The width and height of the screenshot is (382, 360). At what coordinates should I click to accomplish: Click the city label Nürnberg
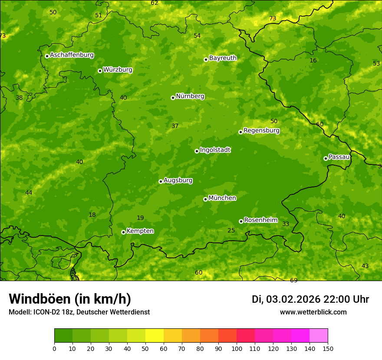point(190,96)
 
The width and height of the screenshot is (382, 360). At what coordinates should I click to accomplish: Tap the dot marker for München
point(205,199)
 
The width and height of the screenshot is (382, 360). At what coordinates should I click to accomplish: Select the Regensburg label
point(261,131)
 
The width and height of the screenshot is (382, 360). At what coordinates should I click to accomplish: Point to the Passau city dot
point(326,158)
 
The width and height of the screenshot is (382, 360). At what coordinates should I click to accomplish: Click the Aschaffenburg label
point(72,55)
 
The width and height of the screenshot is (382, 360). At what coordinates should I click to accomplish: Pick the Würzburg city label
point(118,70)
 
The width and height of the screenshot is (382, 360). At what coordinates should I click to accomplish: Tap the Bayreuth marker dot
point(206,59)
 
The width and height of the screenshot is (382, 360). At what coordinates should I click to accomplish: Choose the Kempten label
point(140,231)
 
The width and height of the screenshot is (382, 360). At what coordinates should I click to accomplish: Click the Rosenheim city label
point(260,220)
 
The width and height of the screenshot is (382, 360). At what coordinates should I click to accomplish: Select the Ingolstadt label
point(215,150)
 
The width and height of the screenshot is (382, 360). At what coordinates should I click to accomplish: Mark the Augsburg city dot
point(161,181)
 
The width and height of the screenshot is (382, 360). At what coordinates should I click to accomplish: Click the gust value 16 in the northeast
point(313,61)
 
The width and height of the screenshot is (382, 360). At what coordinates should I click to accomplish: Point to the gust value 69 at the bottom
point(293,280)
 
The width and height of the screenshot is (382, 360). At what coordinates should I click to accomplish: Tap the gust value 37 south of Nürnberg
point(175,126)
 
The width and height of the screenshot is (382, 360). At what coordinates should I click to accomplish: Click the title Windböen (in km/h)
point(69,299)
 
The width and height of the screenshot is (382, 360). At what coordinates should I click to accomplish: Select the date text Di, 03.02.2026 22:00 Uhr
point(310,299)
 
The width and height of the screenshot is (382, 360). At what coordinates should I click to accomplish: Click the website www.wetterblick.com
point(313,312)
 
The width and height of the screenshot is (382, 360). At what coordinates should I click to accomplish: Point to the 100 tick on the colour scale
point(237,348)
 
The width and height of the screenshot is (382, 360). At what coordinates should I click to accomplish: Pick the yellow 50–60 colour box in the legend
point(155,336)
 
